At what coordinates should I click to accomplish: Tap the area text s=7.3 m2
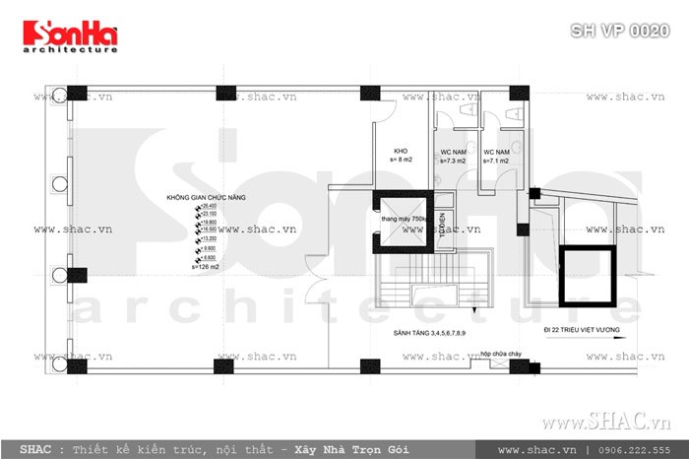454,160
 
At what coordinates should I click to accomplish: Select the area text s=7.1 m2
495,160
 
